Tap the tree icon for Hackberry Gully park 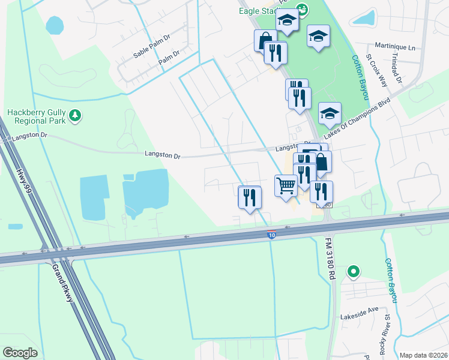(x=75, y=115)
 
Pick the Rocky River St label (x=388, y=332)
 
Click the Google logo (x=20, y=353)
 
